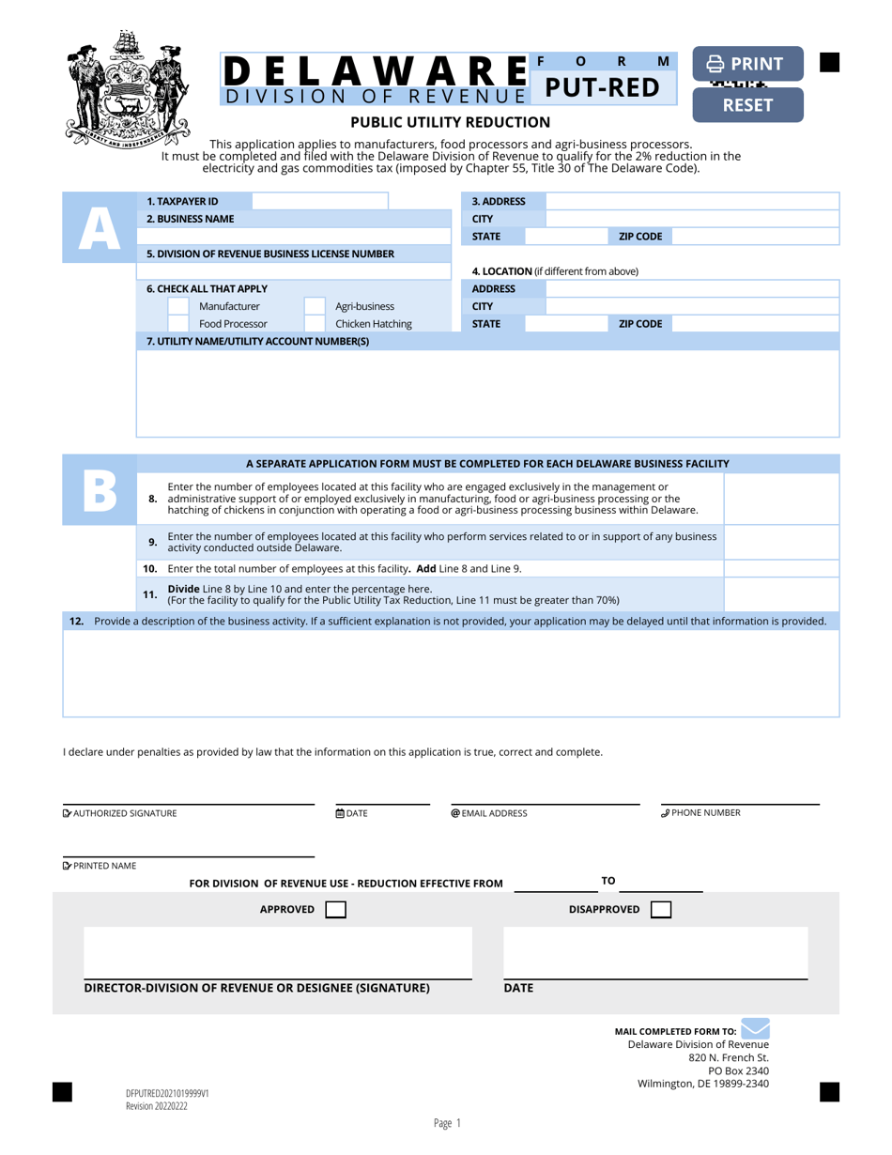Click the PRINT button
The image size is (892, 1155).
pos(747,64)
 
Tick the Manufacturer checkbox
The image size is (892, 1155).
pos(178,306)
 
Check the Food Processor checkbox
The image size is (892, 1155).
pos(178,324)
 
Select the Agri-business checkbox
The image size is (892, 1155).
pos(315,306)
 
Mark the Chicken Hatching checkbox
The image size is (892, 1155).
pos(315,324)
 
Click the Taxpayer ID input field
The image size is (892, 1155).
pos(320,201)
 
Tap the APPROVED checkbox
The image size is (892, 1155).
pos(335,909)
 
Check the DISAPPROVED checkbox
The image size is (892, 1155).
pos(661,909)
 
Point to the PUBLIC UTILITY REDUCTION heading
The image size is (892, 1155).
pos(450,122)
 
